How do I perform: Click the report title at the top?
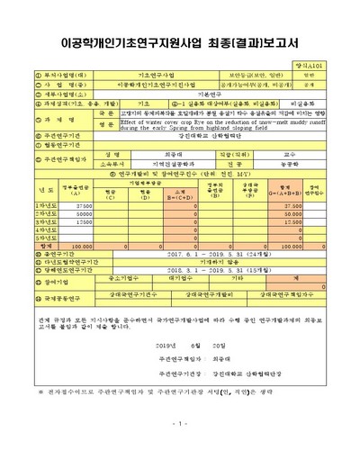click(x=180, y=41)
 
